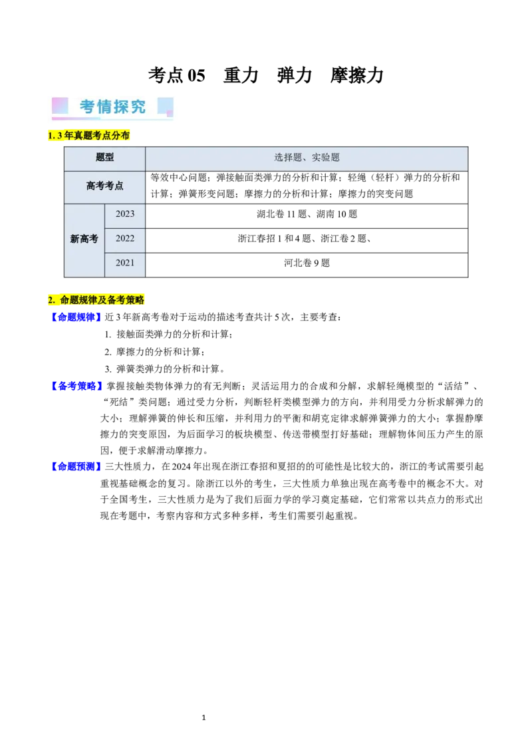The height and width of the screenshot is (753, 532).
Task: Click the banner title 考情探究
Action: [x=113, y=107]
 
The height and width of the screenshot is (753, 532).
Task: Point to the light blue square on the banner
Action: [x=166, y=106]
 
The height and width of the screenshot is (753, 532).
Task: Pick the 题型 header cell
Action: [x=105, y=158]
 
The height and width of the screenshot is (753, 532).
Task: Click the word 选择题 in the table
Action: [x=288, y=158]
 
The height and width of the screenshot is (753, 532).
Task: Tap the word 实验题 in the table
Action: [x=326, y=158]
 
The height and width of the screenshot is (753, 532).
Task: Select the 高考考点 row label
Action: [x=105, y=186]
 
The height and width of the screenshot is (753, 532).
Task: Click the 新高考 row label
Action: [x=84, y=239]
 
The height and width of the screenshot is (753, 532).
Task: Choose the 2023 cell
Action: [x=125, y=214]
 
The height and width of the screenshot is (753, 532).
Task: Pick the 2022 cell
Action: [x=125, y=238]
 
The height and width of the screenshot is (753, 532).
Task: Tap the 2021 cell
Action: [x=125, y=263]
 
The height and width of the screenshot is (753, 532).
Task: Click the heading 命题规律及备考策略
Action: [x=97, y=300]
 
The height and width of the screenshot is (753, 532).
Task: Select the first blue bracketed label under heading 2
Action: [x=76, y=317]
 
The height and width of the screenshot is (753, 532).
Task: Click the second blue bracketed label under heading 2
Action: [x=77, y=386]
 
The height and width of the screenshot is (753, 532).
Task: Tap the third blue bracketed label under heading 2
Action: [x=76, y=467]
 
